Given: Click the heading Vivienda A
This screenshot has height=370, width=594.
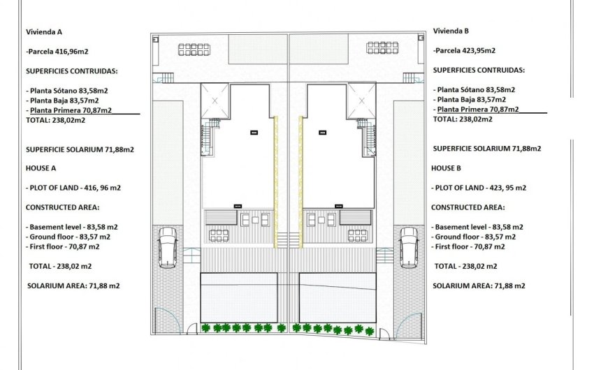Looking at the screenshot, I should [43, 32].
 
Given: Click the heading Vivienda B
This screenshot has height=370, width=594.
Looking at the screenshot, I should [451, 31].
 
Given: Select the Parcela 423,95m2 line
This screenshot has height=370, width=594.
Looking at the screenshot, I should [465, 50].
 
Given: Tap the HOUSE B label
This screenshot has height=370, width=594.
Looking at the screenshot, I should [447, 168].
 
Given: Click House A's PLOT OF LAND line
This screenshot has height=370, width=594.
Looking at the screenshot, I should [73, 188].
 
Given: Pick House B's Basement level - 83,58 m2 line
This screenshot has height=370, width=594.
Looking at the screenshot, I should [478, 227].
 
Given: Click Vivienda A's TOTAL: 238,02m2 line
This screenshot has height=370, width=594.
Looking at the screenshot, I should [53, 119].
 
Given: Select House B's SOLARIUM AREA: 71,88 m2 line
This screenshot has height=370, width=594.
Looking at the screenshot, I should [479, 286].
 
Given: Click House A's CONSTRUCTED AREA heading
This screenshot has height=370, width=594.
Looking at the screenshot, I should [62, 207].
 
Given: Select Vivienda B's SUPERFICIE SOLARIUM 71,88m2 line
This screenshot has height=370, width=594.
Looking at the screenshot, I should [487, 149].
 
